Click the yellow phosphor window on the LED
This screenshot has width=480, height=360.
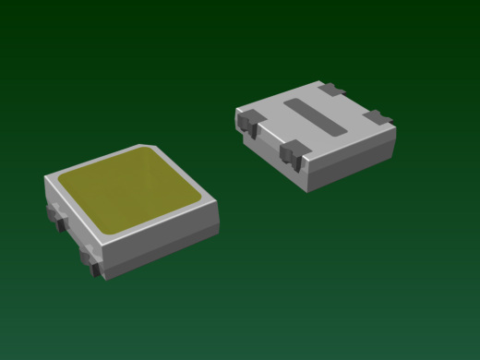129,189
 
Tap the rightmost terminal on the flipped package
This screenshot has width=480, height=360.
378,117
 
